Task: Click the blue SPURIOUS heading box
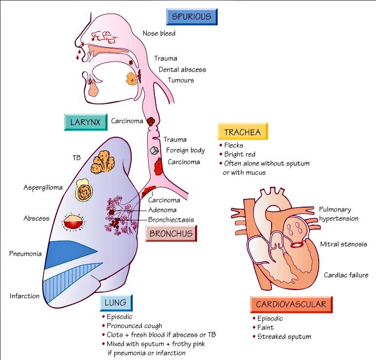tap(191, 16)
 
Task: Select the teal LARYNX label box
tap(85, 122)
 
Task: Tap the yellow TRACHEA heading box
tap(243, 132)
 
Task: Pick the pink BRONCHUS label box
tap(171, 233)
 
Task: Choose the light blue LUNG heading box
tap(116, 303)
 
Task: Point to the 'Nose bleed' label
tap(159, 33)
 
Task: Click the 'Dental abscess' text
tap(182, 69)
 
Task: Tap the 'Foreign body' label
tap(185, 150)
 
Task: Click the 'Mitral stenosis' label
tap(343, 244)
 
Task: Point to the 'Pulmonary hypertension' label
tap(339, 214)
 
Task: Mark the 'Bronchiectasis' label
tap(171, 220)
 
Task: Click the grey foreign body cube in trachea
tap(155, 151)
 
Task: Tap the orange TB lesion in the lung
tap(103, 162)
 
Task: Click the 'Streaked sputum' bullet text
tap(284, 336)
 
